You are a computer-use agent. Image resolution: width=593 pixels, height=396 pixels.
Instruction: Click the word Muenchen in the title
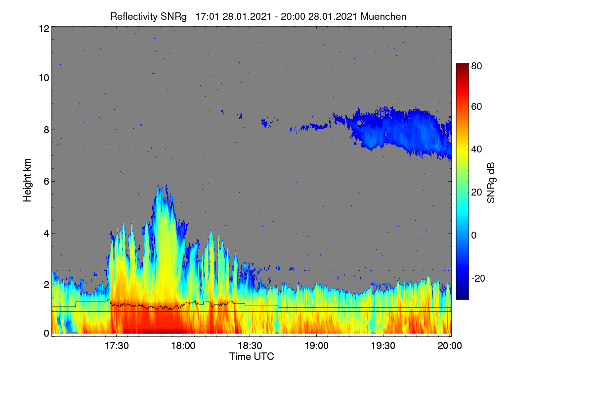pos(383,17)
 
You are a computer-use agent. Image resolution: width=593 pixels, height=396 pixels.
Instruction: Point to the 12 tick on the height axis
pos(44,29)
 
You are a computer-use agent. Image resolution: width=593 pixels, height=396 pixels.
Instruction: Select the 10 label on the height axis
pos(44,78)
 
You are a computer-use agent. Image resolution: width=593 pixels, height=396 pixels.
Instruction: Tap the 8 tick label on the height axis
pos(46,130)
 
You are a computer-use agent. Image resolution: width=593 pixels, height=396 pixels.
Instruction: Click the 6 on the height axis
pos(46,182)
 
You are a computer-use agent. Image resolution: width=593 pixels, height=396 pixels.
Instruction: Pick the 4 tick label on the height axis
pos(46,234)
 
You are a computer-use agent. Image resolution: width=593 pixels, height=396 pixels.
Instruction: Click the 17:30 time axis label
pos(117,346)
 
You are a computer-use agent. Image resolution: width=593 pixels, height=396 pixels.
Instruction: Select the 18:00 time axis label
pos(183,346)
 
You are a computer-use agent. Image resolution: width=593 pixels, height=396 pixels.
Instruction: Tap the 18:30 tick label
pos(250,346)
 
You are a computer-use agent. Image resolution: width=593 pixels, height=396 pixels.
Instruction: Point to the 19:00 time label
pos(316,346)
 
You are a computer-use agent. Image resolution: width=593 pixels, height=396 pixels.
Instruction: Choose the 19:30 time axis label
pos(383,346)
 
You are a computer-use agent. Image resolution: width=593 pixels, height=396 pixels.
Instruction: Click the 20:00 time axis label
pos(450,346)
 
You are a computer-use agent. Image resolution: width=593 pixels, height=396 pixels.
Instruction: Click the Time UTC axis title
pos(252,357)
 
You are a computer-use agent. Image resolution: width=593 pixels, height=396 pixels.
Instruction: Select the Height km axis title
pos(27,180)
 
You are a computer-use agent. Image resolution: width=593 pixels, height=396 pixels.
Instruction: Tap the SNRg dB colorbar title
pos(491,183)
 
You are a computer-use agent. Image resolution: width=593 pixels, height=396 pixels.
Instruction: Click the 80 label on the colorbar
pos(476,66)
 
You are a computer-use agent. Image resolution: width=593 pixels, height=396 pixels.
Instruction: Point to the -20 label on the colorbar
pos(478,279)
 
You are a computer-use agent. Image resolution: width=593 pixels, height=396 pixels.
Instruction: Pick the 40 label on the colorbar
pos(476,149)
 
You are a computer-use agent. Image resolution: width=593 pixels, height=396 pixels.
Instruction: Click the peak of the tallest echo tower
pos(158,183)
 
